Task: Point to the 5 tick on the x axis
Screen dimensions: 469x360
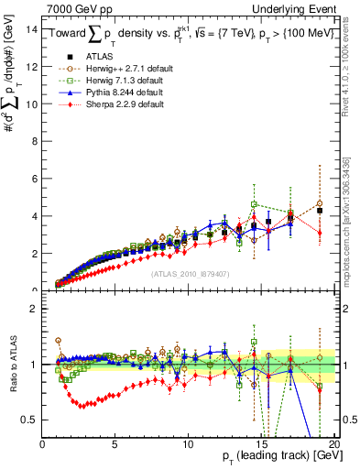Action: click(115, 445)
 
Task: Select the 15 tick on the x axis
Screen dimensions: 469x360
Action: click(260, 445)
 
